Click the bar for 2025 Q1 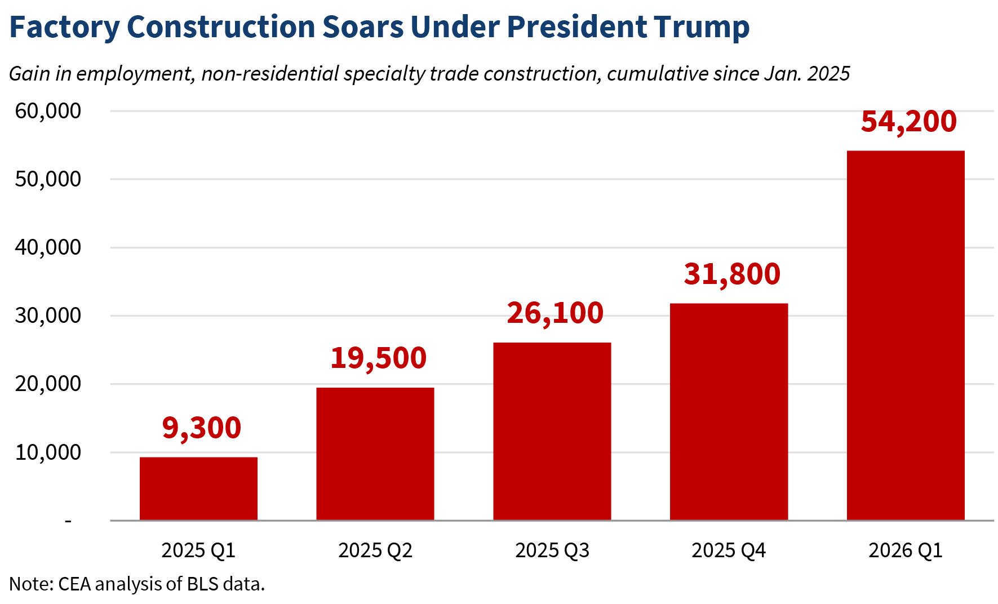point(198,488)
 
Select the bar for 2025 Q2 point(375,454)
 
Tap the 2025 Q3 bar point(552,431)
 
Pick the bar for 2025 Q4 point(729,411)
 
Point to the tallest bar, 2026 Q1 point(906,335)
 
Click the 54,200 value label point(909,122)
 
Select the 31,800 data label point(732,274)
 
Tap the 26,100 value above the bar point(555,313)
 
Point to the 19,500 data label point(378,358)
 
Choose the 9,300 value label point(202,428)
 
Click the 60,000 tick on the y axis point(48,111)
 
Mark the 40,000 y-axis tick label point(48,247)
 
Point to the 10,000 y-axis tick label point(48,452)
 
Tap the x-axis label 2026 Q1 point(906,550)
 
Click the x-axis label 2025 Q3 point(552,550)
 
